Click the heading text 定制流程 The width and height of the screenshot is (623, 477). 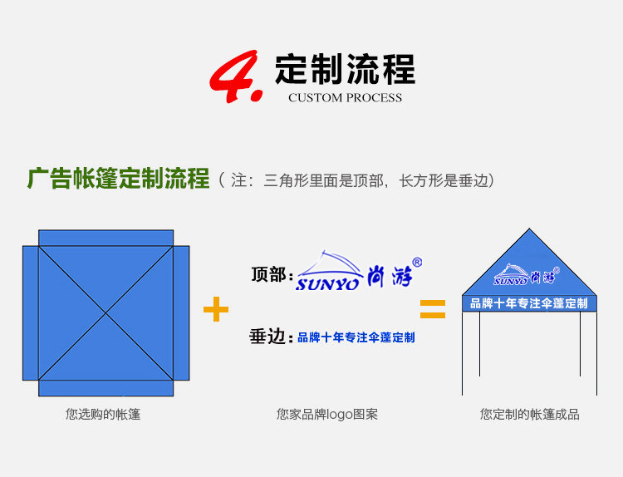pyautogui.click(x=345, y=68)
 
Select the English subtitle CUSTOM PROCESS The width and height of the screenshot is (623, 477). pyautogui.click(x=345, y=98)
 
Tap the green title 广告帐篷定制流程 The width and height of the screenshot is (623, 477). pyautogui.click(x=118, y=179)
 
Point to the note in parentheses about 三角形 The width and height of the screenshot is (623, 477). pyautogui.click(x=357, y=179)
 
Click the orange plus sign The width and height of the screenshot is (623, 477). pyautogui.click(x=216, y=310)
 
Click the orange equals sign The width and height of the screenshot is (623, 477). pyautogui.click(x=432, y=310)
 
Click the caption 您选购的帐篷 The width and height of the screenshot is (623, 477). pyautogui.click(x=103, y=414)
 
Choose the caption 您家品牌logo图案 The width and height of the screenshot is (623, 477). pyautogui.click(x=327, y=414)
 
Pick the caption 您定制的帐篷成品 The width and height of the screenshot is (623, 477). pyautogui.click(x=529, y=414)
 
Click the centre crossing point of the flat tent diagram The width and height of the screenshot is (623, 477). pyautogui.click(x=106, y=312)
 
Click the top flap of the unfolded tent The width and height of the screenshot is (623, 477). pyautogui.click(x=106, y=238)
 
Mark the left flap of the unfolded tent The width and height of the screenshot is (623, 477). pyautogui.click(x=30, y=312)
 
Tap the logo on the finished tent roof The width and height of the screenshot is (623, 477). pyautogui.click(x=527, y=274)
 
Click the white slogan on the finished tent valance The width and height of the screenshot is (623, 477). pyautogui.click(x=529, y=303)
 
